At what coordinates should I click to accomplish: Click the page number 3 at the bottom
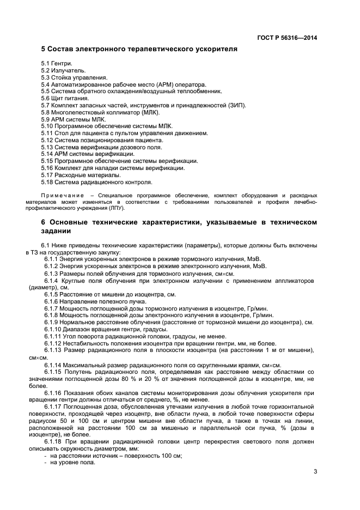pyautogui.click(x=315, y=472)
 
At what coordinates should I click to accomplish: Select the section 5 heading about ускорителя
pyautogui.click(x=139, y=49)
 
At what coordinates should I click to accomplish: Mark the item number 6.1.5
pyautogui.click(x=51, y=294)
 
